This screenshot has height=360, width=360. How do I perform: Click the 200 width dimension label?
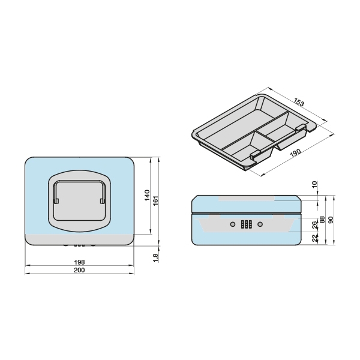pos(79,270)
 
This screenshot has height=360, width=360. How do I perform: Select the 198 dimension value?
pos(79,262)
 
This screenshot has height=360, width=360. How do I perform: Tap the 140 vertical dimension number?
pos(147,195)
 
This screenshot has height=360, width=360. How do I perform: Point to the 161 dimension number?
pos(155,200)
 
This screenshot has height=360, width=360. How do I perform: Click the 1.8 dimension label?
pos(155,257)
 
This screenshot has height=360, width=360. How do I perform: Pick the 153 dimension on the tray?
pos(299,102)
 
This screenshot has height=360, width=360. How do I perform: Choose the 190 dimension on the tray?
pos(295,153)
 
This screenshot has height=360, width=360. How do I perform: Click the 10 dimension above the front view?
pos(315,184)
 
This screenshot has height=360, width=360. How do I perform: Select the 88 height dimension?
pos(322,220)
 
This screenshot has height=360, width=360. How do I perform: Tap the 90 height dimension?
pos(331,220)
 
